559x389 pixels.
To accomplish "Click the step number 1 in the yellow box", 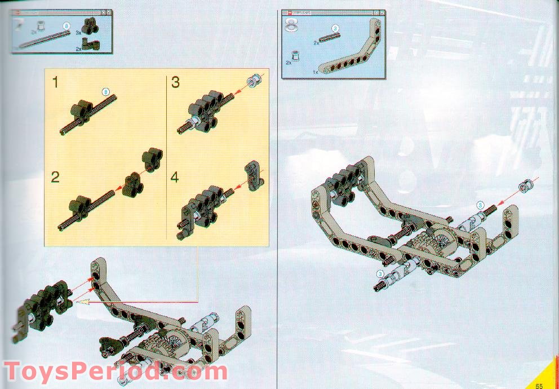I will pyautogui.click(x=55, y=82).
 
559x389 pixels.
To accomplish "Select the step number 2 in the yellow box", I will pyautogui.click(x=55, y=176).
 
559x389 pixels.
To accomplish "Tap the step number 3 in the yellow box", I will pyautogui.click(x=175, y=82).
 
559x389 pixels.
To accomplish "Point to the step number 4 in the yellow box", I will pyautogui.click(x=175, y=176).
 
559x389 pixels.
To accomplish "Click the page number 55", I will pyautogui.click(x=539, y=385).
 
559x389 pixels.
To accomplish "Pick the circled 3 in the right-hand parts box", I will pyautogui.click(x=335, y=28).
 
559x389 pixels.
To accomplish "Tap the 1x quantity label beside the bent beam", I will pyautogui.click(x=316, y=72).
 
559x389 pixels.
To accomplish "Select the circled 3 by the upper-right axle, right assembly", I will pyautogui.click(x=480, y=205).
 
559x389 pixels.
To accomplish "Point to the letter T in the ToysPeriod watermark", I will pyautogui.click(x=15, y=372).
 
